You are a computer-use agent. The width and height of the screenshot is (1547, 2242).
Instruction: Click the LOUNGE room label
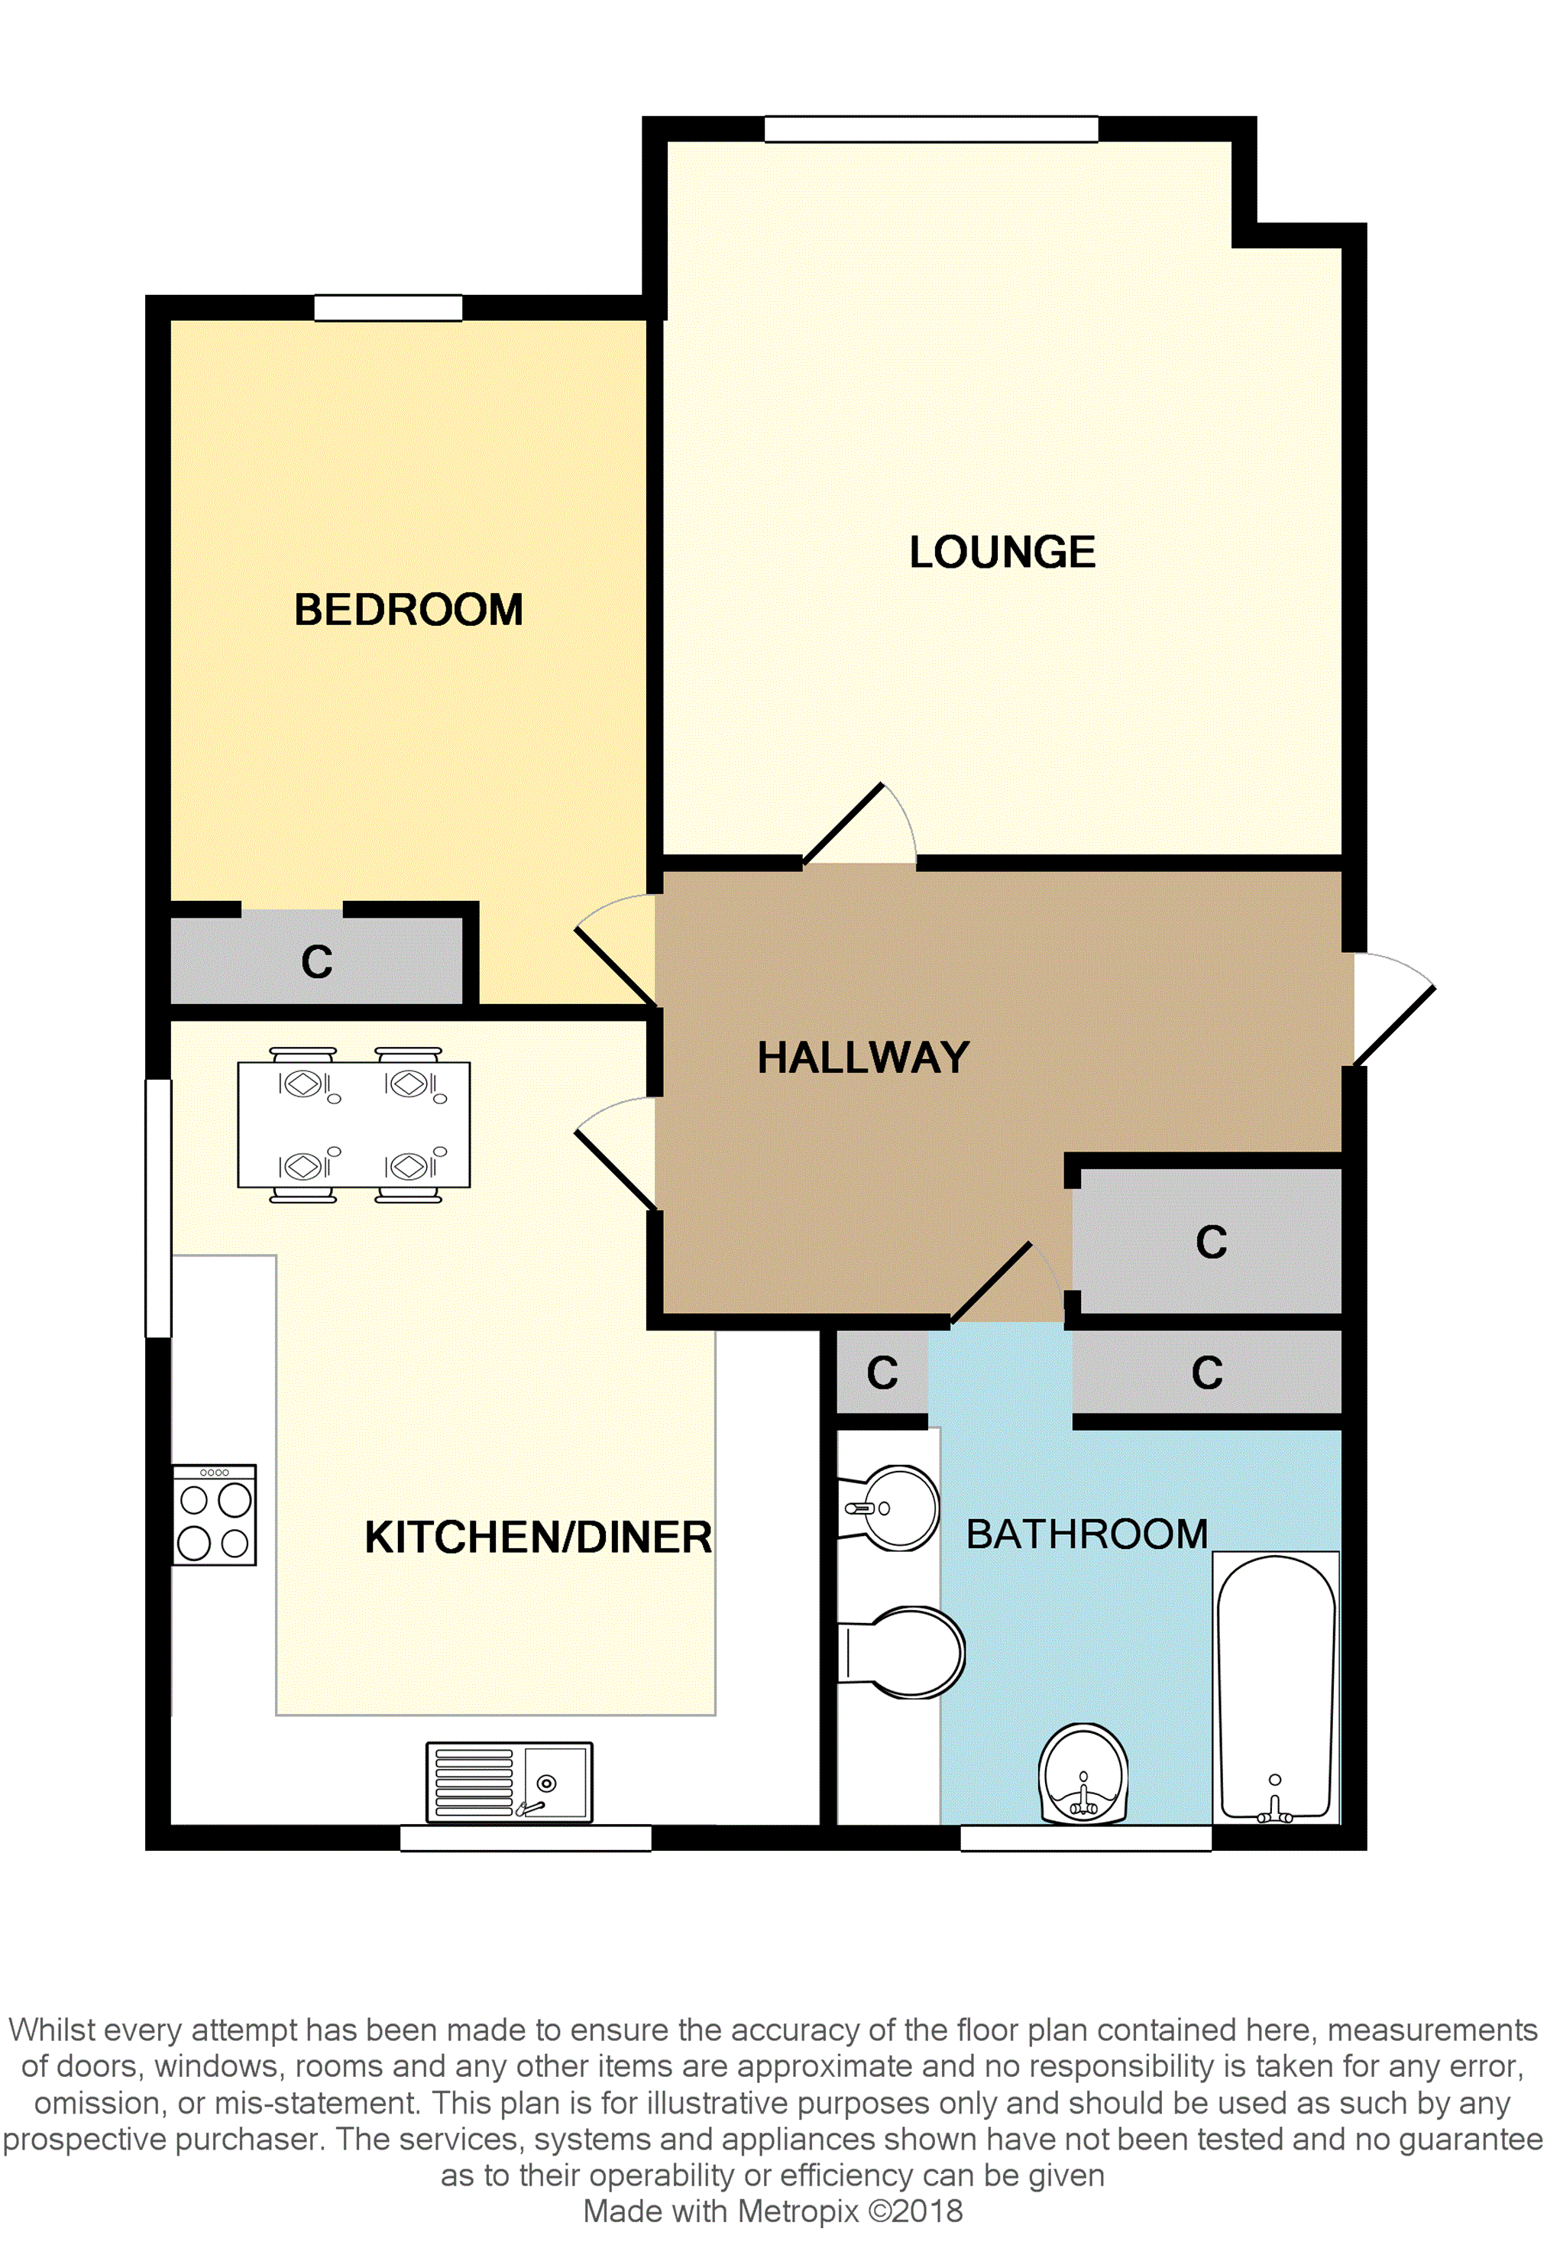[1002, 552]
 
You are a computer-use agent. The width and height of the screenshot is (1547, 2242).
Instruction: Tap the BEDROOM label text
[408, 611]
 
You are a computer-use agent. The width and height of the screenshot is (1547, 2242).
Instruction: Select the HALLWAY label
[863, 1058]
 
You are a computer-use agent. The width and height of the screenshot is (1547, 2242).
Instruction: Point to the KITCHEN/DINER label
[538, 1537]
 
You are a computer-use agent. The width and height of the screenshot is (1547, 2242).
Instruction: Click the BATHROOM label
[1086, 1534]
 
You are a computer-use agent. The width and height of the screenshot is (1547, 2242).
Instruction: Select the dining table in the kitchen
[354, 1124]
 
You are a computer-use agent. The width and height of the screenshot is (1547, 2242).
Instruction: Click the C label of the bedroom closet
[317, 963]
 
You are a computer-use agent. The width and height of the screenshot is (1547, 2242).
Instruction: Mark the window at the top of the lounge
[930, 129]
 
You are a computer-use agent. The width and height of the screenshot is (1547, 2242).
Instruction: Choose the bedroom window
[388, 307]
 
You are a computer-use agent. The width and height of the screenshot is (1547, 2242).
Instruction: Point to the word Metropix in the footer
[797, 2211]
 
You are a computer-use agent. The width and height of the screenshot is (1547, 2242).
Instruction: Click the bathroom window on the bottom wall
[1086, 1838]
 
